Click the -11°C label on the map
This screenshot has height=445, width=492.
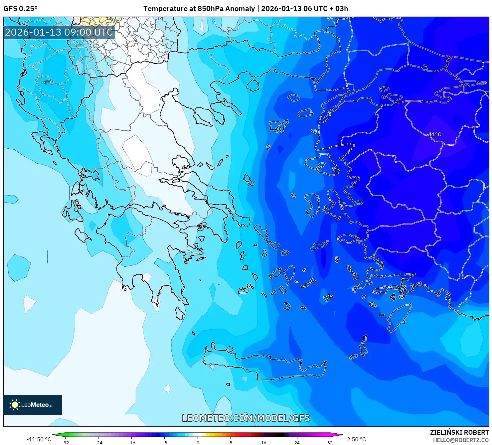point(434,135)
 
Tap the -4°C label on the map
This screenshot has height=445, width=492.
point(48,82)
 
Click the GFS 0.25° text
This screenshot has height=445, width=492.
point(20,9)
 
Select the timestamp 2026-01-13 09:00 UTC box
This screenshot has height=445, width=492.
point(59,32)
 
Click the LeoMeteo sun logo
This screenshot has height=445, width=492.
point(15,404)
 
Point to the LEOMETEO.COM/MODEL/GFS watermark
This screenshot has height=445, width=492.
point(246,418)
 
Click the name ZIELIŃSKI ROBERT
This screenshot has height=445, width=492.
point(459,433)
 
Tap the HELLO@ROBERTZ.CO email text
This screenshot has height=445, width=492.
point(461,440)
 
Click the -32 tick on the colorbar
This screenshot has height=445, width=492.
point(65,443)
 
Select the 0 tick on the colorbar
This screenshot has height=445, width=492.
point(198,443)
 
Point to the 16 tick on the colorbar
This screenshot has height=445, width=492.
point(264,443)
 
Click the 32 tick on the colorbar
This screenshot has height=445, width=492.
point(330,443)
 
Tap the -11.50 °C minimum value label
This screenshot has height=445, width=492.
point(39,439)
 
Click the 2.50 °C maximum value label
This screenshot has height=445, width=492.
point(356,439)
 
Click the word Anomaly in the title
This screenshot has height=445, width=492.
point(240,9)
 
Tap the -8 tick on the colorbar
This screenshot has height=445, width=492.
point(165,443)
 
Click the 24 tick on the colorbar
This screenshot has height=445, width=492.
point(297,443)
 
